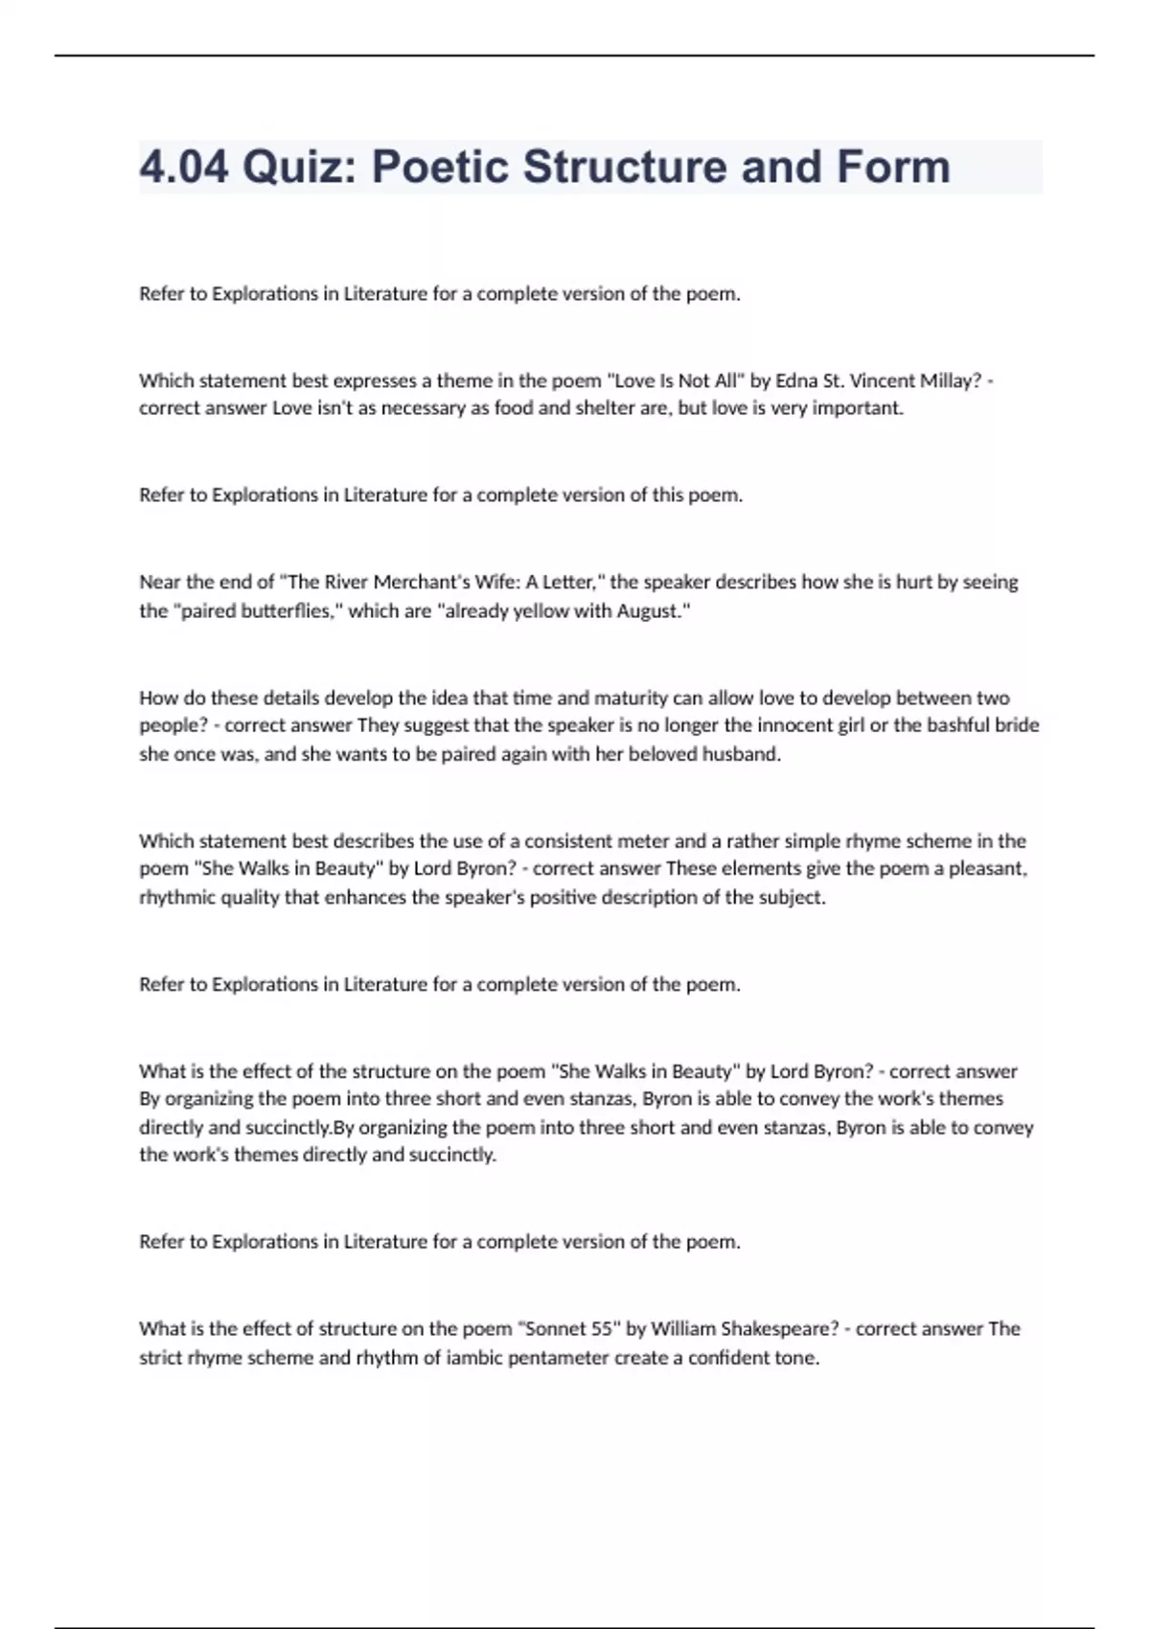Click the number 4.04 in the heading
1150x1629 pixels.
point(184,167)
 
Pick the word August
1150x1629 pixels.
point(654,610)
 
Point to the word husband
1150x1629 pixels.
point(741,754)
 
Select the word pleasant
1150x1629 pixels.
point(987,869)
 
